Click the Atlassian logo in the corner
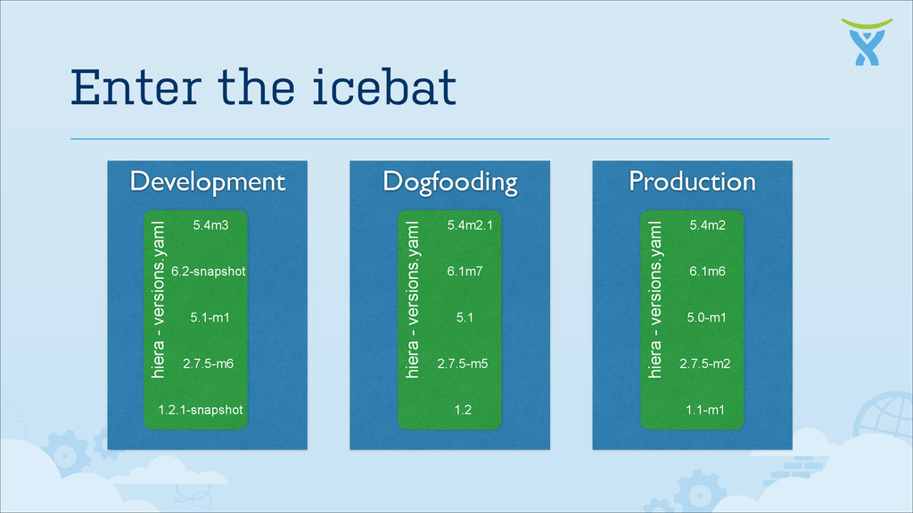[868, 41]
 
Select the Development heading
[207, 182]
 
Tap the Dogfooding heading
[449, 182]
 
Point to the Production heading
[692, 182]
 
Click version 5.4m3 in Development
[210, 225]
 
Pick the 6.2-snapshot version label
[208, 272]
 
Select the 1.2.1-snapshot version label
[200, 410]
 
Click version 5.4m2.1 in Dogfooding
[469, 225]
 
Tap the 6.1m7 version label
[465, 272]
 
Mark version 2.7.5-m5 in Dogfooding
[464, 363]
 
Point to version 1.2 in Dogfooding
[463, 410]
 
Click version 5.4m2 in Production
[707, 225]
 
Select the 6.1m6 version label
[707, 272]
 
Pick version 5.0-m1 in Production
[706, 317]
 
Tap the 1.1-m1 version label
[704, 410]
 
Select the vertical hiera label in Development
[159, 299]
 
